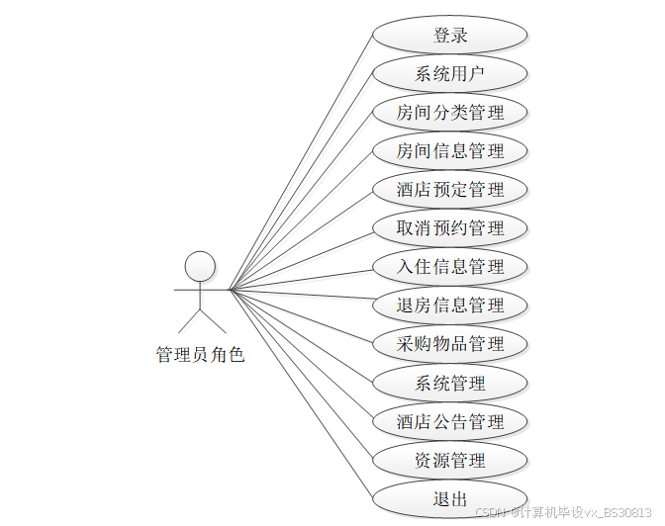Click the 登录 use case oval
click(x=450, y=36)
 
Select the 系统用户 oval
click(x=450, y=74)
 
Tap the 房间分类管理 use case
click(x=450, y=113)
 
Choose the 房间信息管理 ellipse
click(x=450, y=151)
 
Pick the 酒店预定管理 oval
click(x=450, y=190)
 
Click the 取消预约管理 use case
click(x=450, y=228)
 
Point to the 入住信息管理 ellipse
click(x=450, y=267)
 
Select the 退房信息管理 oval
click(x=450, y=306)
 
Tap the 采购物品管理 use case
click(x=450, y=344)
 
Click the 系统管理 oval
click(x=450, y=383)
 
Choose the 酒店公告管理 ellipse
click(x=450, y=421)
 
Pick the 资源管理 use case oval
click(x=450, y=460)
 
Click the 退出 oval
click(x=450, y=498)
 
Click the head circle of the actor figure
click(x=201, y=265)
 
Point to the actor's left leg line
click(x=190, y=320)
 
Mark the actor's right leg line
click(x=214, y=320)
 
